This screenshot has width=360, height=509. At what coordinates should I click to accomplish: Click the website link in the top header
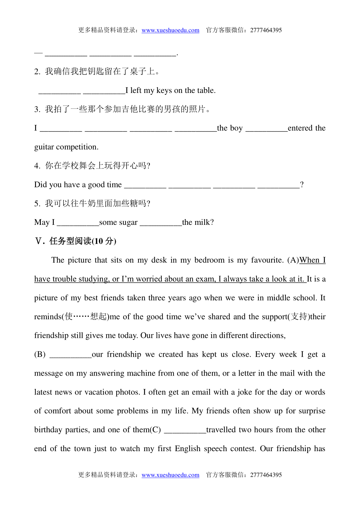(170, 30)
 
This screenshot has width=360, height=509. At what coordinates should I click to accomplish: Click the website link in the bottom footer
(170, 475)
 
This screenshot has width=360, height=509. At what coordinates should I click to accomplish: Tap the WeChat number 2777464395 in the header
(266, 30)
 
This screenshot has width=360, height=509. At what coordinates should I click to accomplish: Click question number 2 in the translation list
(37, 72)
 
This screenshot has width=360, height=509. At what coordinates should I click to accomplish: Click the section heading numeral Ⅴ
(39, 241)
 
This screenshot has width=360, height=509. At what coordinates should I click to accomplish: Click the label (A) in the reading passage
(293, 260)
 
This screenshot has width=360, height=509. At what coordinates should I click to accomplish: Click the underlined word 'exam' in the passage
(205, 279)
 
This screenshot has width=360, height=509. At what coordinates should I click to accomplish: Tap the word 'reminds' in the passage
(48, 317)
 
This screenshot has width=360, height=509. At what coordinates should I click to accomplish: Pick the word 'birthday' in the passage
(48, 430)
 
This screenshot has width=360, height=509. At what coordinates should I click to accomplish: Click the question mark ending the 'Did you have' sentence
(302, 185)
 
